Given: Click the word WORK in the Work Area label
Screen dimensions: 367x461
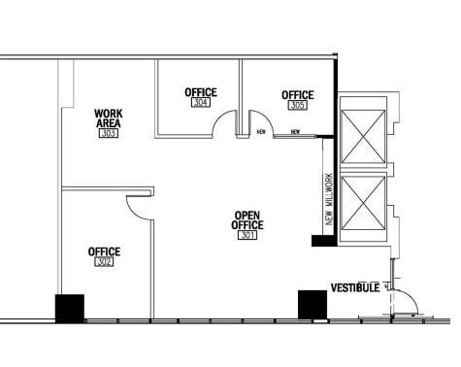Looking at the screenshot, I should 109,114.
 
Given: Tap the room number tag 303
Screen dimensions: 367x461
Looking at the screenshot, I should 109,133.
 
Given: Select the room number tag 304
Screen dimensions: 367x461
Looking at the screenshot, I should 201,102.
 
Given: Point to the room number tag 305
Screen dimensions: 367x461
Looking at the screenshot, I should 298,105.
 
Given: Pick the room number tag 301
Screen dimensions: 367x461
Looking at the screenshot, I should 247,235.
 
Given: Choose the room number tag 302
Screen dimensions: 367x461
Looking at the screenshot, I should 104,262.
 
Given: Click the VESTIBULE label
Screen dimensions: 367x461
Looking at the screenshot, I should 354,288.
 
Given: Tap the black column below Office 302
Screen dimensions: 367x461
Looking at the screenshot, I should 70,308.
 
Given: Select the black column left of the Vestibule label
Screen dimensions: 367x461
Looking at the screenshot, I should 312,304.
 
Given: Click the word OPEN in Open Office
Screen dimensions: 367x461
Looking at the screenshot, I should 247,215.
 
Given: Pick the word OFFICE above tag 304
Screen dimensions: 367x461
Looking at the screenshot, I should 201,92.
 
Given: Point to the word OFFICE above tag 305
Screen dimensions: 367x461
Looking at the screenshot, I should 298,95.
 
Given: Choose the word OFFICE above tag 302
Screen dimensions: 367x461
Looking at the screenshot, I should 104,251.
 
